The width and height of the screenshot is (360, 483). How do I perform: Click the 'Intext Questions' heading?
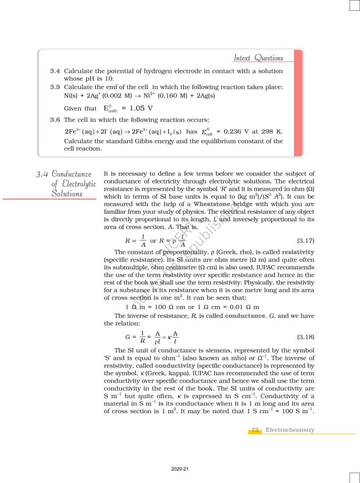coord(259,58)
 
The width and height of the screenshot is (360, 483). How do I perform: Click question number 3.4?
coord(55,71)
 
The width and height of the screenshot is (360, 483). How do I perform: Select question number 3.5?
coord(55,87)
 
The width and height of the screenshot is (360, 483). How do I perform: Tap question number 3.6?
coord(55,120)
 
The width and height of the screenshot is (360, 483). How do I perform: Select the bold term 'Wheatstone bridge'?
coord(223,204)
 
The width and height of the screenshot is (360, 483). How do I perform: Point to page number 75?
coord(255,430)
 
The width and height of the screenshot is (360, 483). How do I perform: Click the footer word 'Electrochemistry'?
coord(290,430)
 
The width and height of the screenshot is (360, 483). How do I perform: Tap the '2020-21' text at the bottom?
coord(180,469)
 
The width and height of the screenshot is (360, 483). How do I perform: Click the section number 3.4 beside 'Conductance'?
coord(42,175)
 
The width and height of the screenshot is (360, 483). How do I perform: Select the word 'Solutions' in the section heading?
coord(67,193)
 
